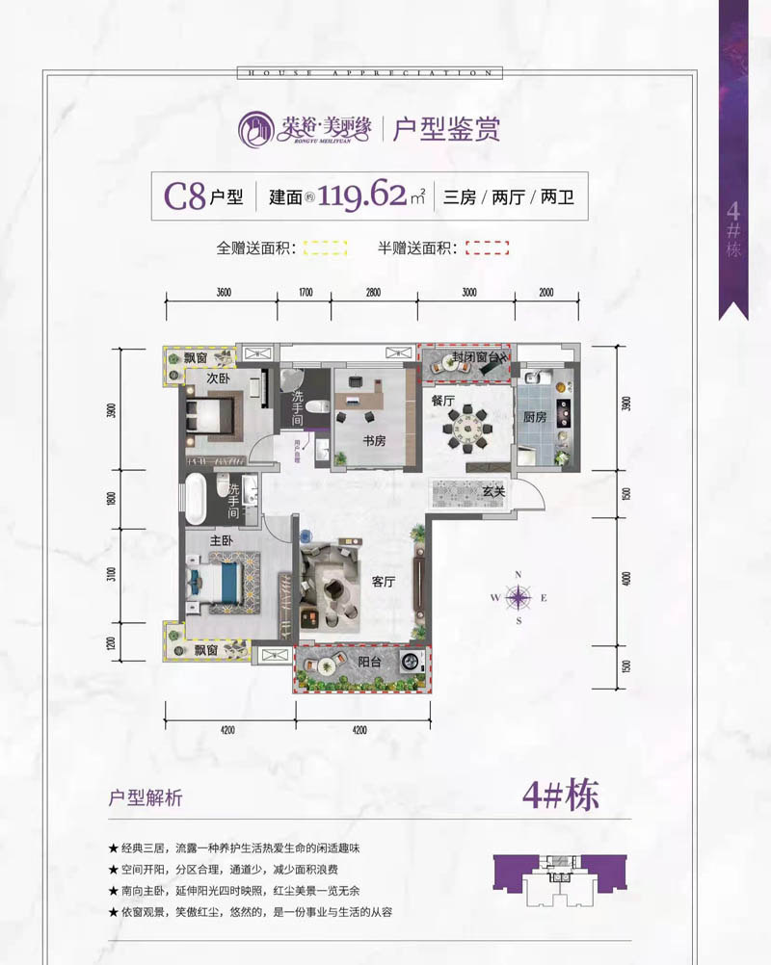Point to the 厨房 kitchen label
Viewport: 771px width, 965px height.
point(535,417)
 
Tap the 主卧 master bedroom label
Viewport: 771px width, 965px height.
point(223,541)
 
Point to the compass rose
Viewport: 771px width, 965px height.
point(518,597)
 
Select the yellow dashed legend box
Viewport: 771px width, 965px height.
point(325,248)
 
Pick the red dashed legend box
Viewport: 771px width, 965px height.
point(487,248)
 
